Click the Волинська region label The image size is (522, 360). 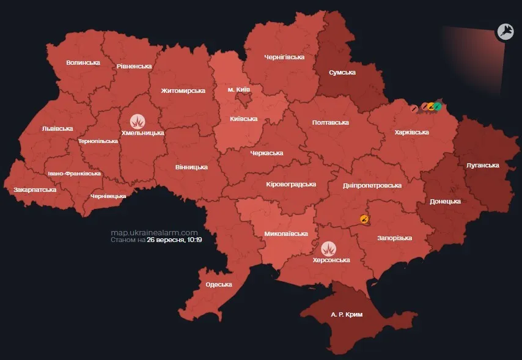(x=83, y=62)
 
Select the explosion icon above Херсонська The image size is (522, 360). (x=330, y=248)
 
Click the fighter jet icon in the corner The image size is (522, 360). (x=505, y=32)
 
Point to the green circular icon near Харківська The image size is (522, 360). (x=437, y=106)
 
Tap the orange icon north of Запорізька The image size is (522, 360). (x=365, y=218)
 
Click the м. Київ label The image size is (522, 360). (x=239, y=90)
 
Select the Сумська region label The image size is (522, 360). (x=342, y=72)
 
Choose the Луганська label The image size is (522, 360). (x=482, y=165)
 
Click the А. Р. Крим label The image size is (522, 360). (x=347, y=314)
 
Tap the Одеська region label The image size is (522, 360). (x=219, y=284)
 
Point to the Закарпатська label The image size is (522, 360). (x=35, y=189)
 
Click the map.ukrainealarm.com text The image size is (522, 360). (x=155, y=233)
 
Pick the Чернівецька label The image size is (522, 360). (x=108, y=196)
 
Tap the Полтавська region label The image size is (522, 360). (x=330, y=122)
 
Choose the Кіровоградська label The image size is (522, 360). (x=291, y=183)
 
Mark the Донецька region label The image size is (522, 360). (x=445, y=200)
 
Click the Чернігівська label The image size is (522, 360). (x=284, y=57)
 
